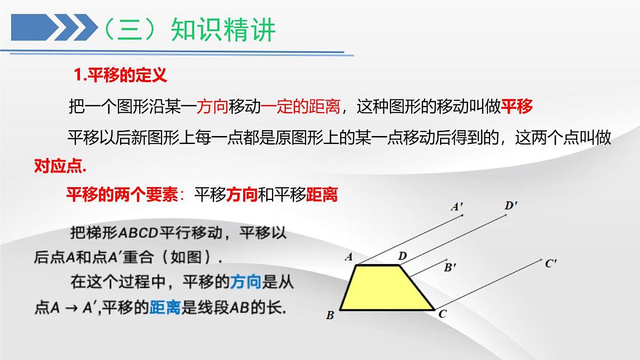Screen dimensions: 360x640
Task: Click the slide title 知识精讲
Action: point(223,30)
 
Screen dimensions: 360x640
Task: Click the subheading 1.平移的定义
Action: point(121,75)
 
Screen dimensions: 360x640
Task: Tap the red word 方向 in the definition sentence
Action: point(213,107)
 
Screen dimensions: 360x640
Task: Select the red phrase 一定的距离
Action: point(300,107)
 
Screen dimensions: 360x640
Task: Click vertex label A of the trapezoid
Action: point(349,257)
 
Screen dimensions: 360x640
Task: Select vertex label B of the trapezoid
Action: point(330,315)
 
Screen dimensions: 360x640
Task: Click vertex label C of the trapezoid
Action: point(442,314)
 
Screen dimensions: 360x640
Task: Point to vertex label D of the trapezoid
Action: point(403,257)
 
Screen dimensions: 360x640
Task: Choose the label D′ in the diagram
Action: point(511,205)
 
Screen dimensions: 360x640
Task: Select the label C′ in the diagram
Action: point(551,263)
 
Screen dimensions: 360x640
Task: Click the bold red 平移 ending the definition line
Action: point(517,107)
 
